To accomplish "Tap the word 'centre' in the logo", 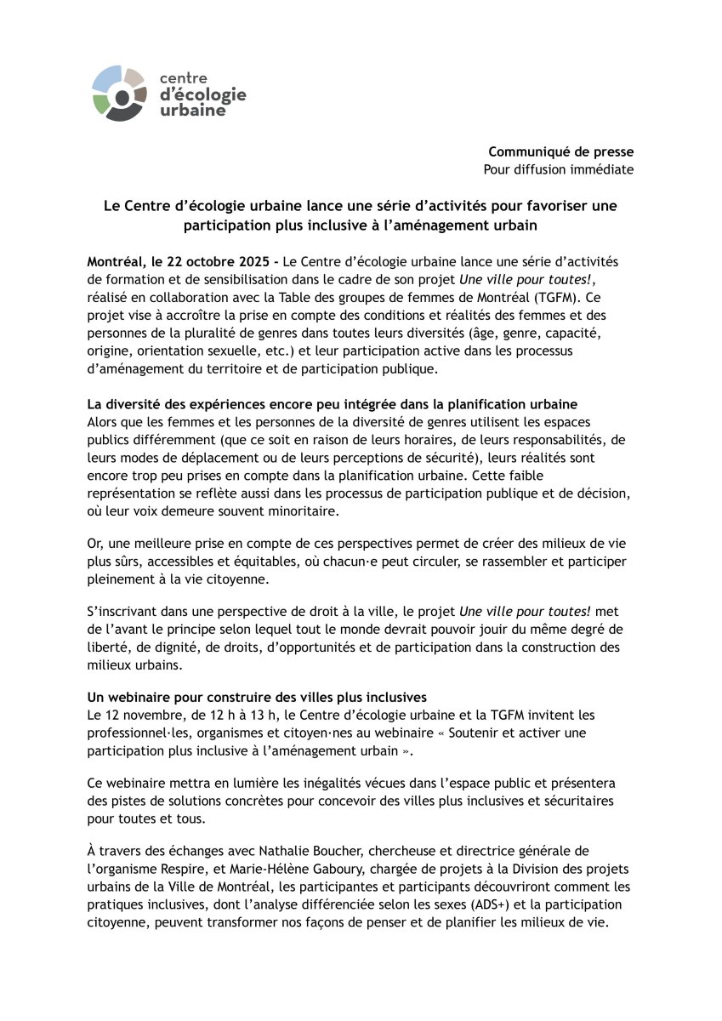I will (184, 80).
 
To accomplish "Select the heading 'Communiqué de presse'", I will (560, 151).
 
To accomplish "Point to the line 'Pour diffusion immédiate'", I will (558, 169).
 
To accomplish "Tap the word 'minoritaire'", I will (297, 511).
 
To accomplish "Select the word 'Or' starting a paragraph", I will (94, 543).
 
